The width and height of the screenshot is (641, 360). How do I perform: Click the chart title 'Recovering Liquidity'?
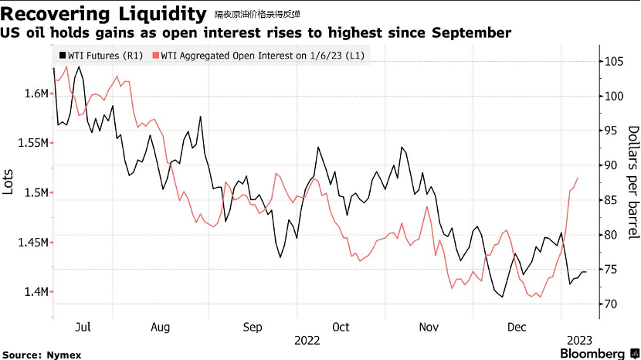103,14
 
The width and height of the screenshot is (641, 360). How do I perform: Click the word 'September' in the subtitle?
471,32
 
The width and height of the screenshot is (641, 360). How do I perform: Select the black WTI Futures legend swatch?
63,55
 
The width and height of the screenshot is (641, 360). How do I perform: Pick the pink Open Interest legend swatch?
156,55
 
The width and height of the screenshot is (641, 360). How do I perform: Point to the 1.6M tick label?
36,93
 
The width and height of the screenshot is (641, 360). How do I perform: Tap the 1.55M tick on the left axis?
32,143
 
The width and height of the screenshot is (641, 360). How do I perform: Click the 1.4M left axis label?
36,292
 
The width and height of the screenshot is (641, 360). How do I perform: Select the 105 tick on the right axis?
614,61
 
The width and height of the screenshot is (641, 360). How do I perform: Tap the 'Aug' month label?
161,328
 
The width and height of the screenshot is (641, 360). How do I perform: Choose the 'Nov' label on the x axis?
429,328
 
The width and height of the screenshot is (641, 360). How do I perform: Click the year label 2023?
580,341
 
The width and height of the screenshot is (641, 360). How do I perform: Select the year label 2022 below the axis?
307,341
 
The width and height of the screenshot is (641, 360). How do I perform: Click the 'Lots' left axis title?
8,182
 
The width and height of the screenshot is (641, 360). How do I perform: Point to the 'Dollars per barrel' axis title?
633,182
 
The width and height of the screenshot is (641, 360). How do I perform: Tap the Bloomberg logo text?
592,354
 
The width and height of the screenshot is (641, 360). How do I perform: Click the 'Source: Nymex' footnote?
42,355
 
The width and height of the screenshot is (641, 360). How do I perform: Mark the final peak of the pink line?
578,178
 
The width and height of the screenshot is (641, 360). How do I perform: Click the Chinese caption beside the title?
257,15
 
